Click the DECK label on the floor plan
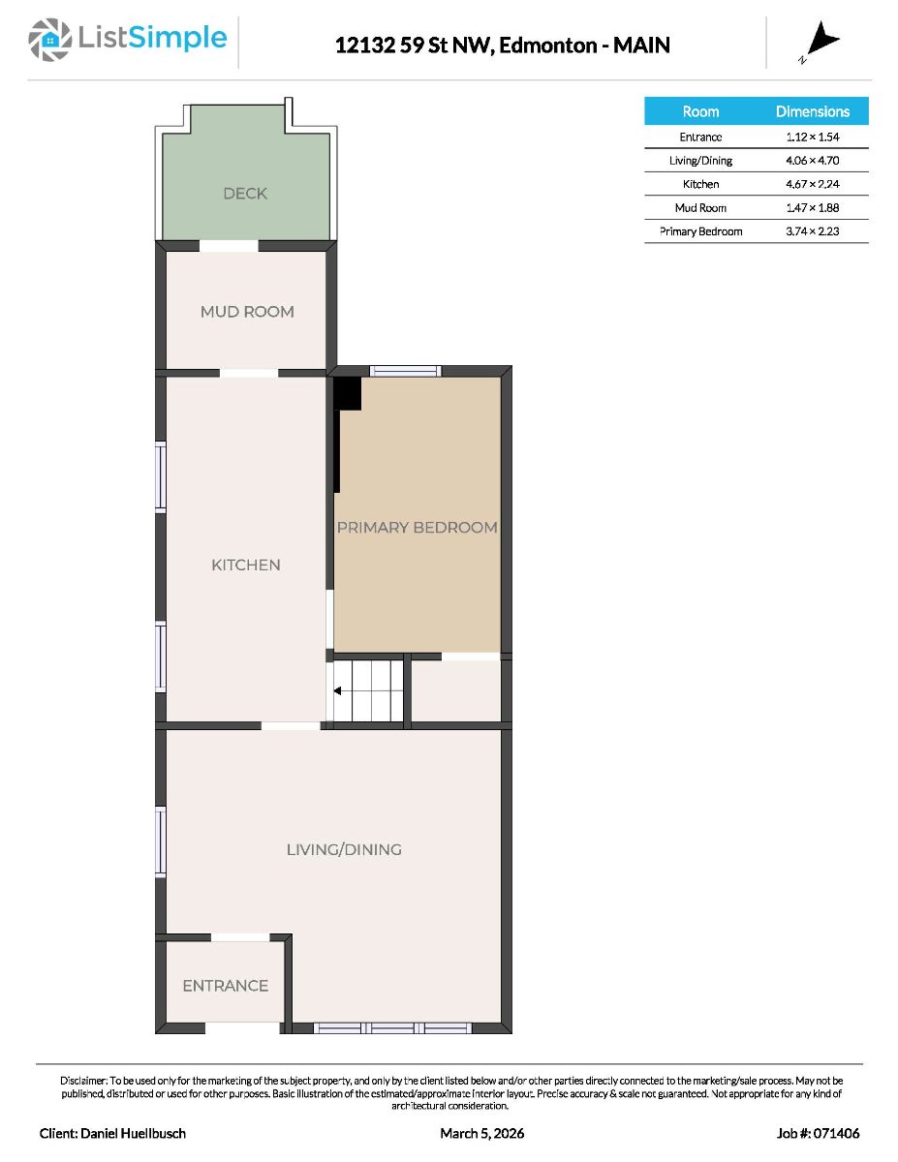(x=245, y=193)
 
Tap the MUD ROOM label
(x=247, y=311)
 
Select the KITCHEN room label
(x=245, y=565)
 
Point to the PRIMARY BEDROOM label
(x=418, y=528)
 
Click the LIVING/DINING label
(x=344, y=849)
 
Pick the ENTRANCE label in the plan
(x=225, y=986)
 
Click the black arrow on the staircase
(x=338, y=690)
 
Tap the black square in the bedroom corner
(x=348, y=393)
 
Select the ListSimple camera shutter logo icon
(x=49, y=40)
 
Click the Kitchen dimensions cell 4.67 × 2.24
(x=812, y=184)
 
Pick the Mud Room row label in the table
(x=700, y=207)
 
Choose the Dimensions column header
(x=812, y=111)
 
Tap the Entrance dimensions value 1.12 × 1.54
(x=812, y=137)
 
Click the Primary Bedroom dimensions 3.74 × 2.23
(x=812, y=231)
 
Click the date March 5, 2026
(x=481, y=1133)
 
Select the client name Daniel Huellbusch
(x=133, y=1133)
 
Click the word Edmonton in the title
(x=547, y=46)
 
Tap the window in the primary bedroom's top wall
(x=406, y=371)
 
